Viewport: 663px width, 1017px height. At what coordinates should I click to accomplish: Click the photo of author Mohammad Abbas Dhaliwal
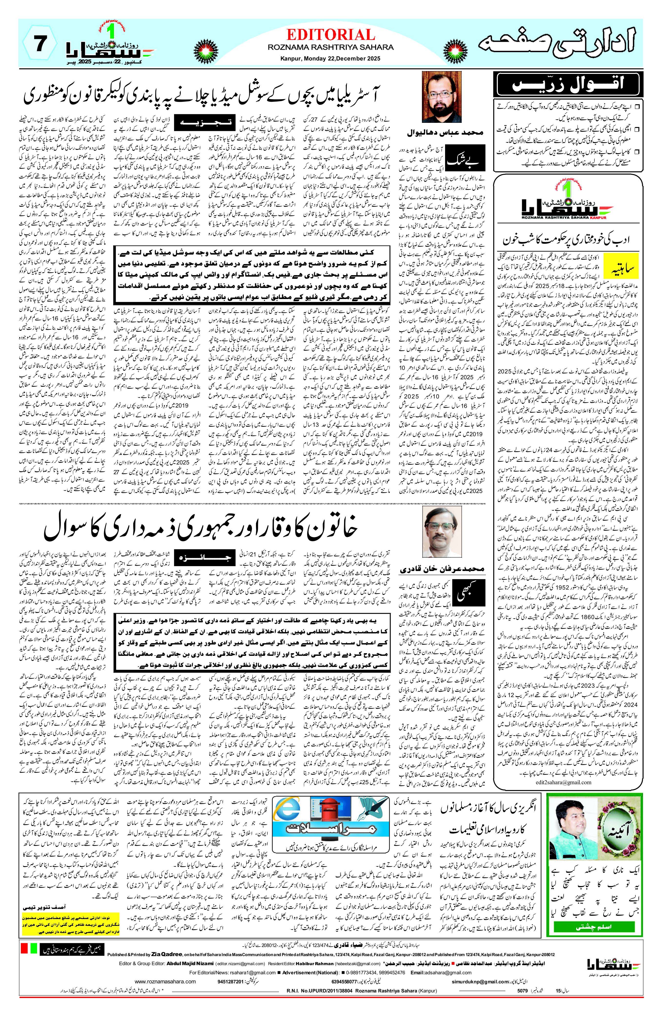[441, 97]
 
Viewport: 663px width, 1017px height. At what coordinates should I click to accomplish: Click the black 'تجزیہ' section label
[205, 123]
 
